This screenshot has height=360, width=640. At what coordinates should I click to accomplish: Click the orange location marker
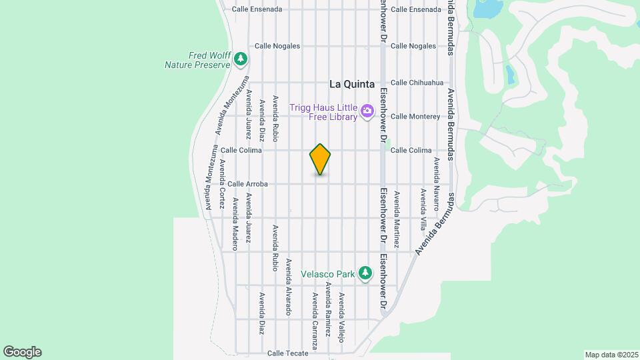320,159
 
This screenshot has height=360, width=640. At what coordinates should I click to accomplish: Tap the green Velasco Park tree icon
365,273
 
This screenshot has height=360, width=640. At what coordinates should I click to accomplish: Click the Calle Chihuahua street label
417,83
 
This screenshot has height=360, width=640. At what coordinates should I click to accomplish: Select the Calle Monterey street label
415,117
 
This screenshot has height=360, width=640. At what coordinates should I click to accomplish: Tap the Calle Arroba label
247,184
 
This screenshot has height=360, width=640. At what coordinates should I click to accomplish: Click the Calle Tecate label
287,353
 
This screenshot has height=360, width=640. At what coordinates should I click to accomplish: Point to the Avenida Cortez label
222,181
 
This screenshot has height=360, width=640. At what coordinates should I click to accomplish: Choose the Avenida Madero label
235,219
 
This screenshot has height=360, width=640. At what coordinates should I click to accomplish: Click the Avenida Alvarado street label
289,287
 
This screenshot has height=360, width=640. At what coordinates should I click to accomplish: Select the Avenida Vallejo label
341,317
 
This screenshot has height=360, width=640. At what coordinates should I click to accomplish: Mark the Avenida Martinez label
397,220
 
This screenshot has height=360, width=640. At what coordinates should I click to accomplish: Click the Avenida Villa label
423,209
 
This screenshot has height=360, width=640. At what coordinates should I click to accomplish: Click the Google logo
22,352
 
